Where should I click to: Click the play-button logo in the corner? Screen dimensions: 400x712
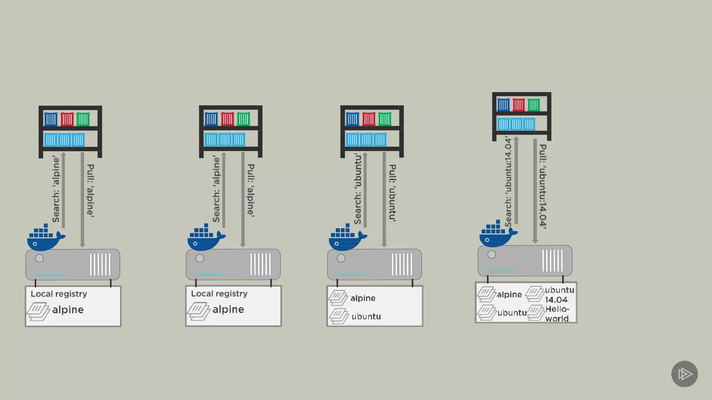pyautogui.click(x=684, y=374)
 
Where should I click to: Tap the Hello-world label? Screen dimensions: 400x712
pyautogui.click(x=557, y=314)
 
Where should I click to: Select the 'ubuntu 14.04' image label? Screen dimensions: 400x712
pyautogui.click(x=559, y=295)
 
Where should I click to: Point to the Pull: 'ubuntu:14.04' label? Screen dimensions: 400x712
pyautogui.click(x=543, y=186)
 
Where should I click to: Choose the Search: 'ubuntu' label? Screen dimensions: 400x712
pyautogui.click(x=358, y=189)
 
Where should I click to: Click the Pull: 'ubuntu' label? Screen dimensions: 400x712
pyautogui.click(x=393, y=193)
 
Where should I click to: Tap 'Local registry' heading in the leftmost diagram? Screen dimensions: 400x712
pyautogui.click(x=59, y=294)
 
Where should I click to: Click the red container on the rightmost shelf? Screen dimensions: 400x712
pyautogui.click(x=518, y=105)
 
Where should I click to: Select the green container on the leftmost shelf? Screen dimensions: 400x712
pyautogui.click(x=83, y=119)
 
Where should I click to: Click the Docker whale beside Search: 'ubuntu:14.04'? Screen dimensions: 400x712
pyautogui.click(x=496, y=235)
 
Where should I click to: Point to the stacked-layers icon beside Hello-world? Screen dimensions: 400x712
pyautogui.click(x=536, y=313)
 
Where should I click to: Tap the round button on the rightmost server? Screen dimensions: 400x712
pyautogui.click(x=492, y=255)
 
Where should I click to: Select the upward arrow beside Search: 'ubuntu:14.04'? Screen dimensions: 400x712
pyautogui.click(x=516, y=181)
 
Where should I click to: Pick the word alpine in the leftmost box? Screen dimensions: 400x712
pyautogui.click(x=68, y=310)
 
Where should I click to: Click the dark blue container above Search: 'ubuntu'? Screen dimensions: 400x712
pyautogui.click(x=352, y=119)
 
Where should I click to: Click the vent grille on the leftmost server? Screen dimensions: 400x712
pyautogui.click(x=100, y=265)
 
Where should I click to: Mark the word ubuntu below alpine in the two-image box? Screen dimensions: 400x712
pyautogui.click(x=366, y=317)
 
